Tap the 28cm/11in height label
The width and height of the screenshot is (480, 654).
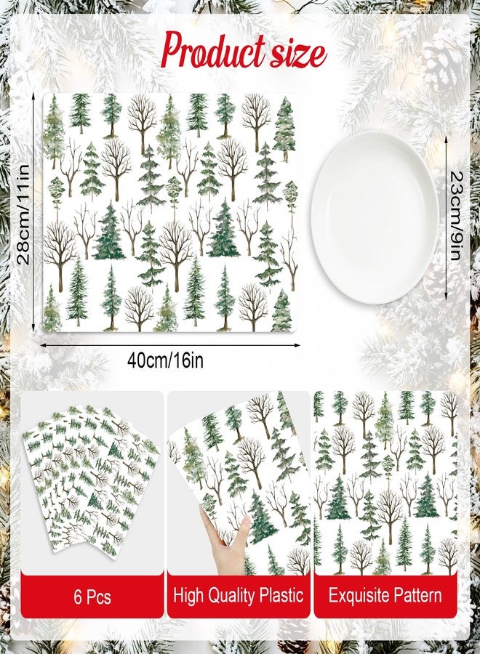coord(23,214)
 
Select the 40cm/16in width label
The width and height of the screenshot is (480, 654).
coord(165,360)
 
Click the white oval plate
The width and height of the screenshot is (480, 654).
coord(375,217)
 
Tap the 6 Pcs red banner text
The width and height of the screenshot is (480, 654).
coord(92,597)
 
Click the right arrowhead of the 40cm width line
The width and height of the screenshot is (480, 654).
coord(298,345)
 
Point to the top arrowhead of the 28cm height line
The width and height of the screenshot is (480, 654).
coord(33,97)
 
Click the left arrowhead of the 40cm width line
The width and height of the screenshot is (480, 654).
coord(44,345)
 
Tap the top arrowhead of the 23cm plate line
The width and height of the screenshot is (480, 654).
coord(447,137)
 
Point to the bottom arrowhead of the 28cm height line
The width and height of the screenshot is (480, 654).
coord(33,328)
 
